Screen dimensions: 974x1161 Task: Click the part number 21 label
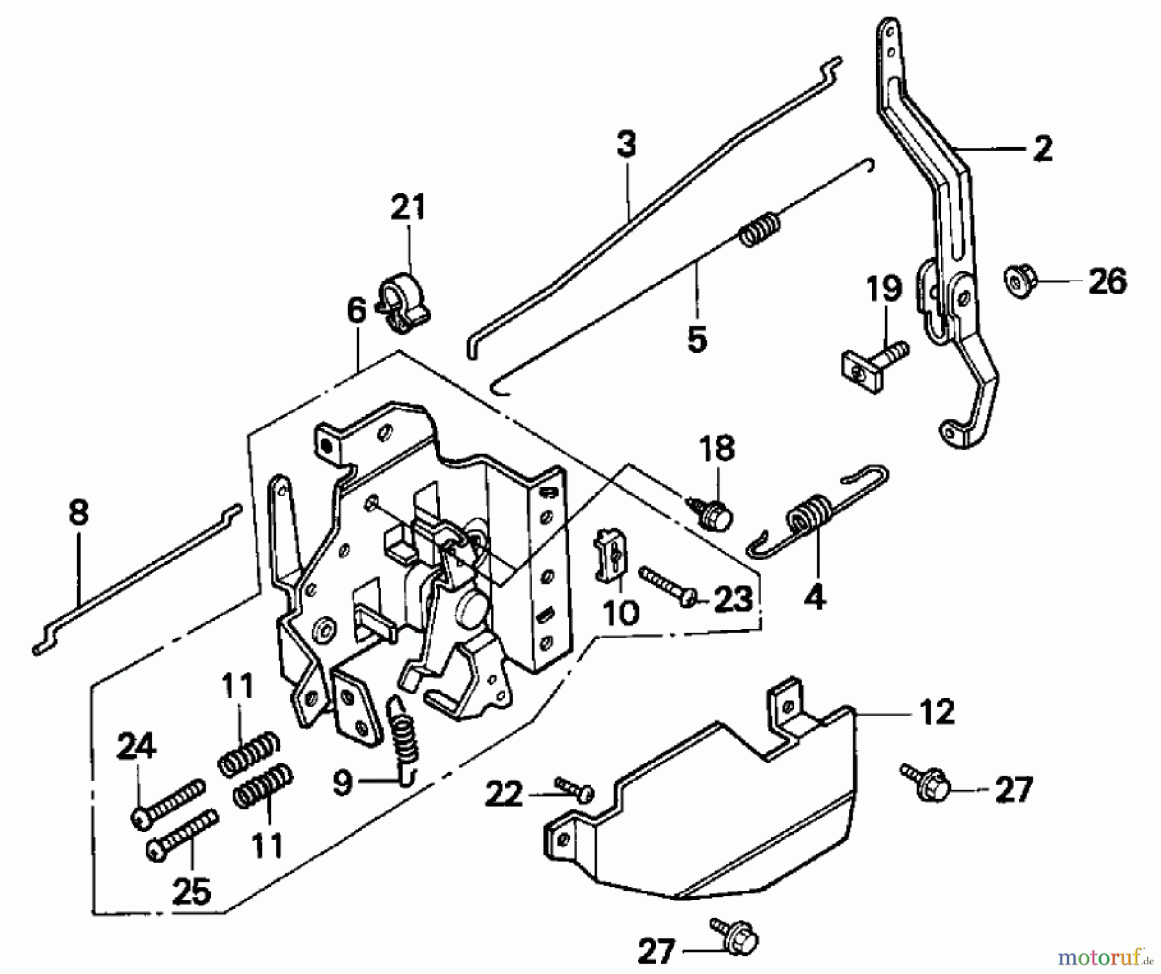coord(408,208)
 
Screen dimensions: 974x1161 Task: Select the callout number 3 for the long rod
coord(626,144)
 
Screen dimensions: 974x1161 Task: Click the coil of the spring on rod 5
coord(760,229)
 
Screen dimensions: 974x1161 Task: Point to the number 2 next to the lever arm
coord(1042,148)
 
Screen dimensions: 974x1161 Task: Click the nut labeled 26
coord(1018,282)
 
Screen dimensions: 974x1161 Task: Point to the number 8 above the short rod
coord(78,513)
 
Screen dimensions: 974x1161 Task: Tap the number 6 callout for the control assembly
coord(356,311)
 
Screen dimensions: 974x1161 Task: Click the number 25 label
coord(192,891)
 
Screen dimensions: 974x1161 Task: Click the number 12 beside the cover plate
coord(936,713)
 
